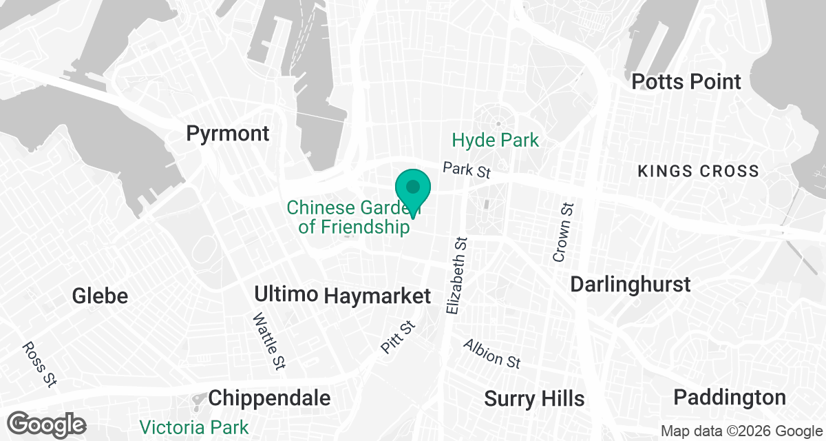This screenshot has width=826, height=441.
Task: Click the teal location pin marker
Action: (x=413, y=189)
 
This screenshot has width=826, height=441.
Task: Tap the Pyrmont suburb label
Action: (x=228, y=133)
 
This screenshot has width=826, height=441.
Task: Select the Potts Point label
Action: (x=686, y=81)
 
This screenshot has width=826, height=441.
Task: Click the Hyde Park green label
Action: (x=495, y=141)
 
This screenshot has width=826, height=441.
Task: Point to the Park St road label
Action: (x=467, y=170)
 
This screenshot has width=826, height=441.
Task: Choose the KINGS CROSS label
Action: (x=698, y=171)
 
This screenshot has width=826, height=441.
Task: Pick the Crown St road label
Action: (x=563, y=232)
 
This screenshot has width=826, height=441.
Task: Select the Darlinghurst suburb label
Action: (x=631, y=284)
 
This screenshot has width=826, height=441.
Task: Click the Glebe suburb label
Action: (x=100, y=296)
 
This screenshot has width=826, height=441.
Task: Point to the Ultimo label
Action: (x=286, y=294)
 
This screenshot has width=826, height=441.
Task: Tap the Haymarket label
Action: (x=377, y=296)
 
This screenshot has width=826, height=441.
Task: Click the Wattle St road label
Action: (x=268, y=340)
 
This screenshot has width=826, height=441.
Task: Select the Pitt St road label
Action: (x=399, y=338)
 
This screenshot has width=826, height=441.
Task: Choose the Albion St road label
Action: (x=491, y=353)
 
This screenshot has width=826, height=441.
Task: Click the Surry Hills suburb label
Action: (x=534, y=398)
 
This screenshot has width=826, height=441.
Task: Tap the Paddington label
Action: (x=730, y=398)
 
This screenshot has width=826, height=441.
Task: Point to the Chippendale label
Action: (x=269, y=398)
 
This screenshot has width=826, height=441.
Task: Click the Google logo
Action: (x=47, y=424)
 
